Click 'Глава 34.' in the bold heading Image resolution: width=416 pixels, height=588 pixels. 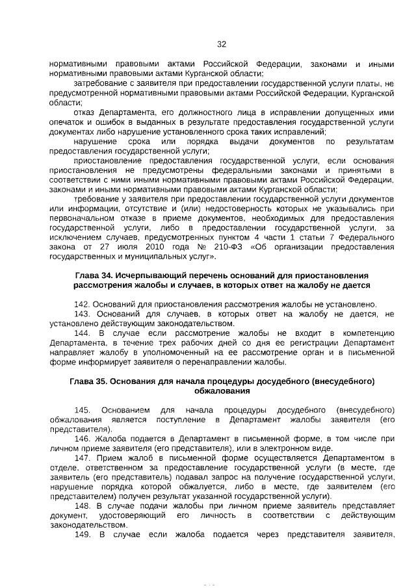[94, 276]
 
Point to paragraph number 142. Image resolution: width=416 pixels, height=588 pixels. [81, 303]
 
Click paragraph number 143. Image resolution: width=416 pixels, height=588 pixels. [81, 314]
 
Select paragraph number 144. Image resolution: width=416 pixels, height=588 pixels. [81, 333]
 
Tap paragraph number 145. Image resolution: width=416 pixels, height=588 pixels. [82, 410]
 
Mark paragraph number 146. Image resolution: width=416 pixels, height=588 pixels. [81, 439]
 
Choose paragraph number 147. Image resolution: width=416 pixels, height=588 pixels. [81, 458]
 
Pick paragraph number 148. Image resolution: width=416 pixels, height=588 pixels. [81, 505]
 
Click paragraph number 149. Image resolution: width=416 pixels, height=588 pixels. [81, 535]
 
